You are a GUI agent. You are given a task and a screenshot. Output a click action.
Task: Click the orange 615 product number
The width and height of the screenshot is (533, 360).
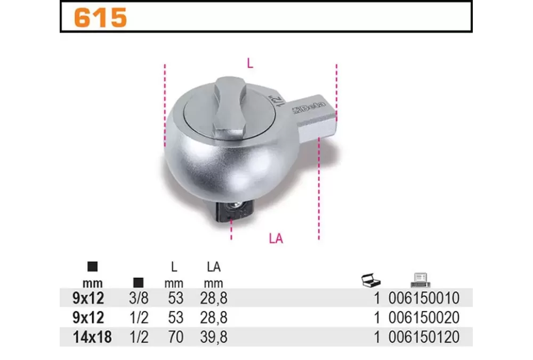[101, 18]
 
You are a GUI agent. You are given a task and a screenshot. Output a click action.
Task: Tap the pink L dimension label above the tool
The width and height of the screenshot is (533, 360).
[250, 63]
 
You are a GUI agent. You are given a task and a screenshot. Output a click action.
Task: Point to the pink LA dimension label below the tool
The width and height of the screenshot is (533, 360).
[276, 238]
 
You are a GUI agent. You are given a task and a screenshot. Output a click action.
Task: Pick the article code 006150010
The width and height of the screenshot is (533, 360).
[424, 298]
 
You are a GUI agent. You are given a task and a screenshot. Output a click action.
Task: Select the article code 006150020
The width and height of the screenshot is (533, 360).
[424, 317]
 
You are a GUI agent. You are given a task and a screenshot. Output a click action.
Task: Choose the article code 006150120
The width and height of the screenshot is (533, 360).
[424, 337]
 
